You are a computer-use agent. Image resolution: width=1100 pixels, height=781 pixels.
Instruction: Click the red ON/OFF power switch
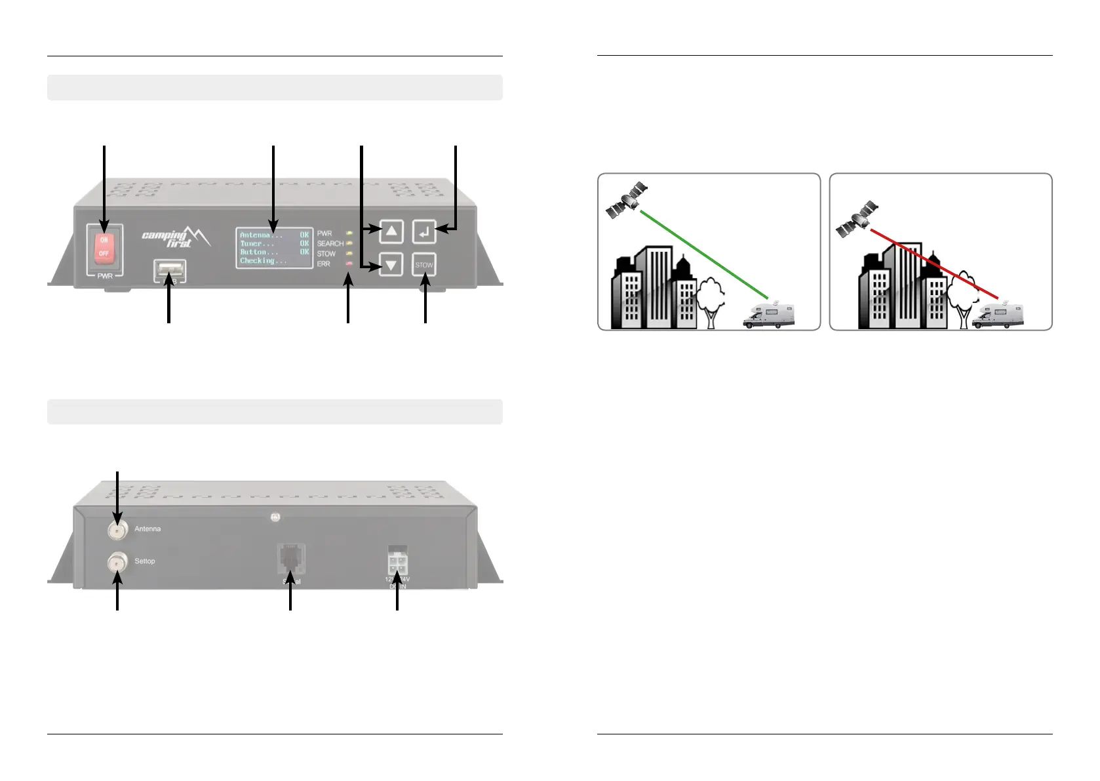click(x=104, y=247)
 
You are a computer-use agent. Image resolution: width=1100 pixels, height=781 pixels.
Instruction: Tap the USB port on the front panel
click(x=170, y=271)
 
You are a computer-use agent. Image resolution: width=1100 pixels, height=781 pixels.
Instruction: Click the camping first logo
click(x=176, y=237)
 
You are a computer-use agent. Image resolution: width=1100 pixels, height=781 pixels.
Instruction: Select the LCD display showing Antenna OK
click(x=274, y=248)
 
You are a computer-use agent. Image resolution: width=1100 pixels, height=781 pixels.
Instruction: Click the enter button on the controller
click(x=424, y=231)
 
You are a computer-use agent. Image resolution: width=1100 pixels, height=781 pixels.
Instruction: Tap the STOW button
click(x=424, y=265)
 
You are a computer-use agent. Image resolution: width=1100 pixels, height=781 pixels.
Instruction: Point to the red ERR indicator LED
click(x=349, y=264)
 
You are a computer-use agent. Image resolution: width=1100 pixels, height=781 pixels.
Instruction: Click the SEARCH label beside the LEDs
click(x=330, y=243)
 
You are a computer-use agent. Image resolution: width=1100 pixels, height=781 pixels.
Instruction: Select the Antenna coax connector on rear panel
click(x=118, y=529)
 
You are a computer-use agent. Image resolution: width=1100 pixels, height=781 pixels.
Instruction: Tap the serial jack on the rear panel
click(x=291, y=558)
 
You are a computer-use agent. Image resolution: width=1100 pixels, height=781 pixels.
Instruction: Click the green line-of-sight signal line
click(x=704, y=254)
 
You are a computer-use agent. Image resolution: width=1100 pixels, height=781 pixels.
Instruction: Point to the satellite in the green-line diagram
click(x=627, y=201)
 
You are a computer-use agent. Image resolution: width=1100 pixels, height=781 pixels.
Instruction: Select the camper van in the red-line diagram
click(x=997, y=315)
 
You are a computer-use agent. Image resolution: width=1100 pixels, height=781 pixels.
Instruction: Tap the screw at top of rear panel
click(x=275, y=517)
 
